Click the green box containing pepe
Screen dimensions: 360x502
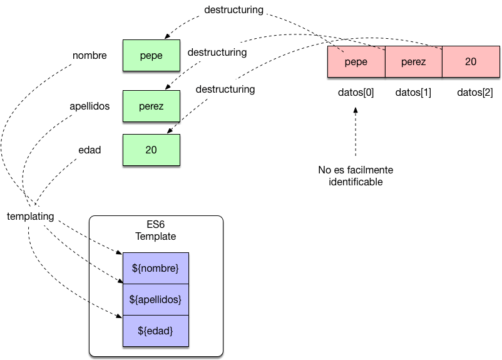[x=151, y=55]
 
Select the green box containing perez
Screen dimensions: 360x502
[x=151, y=106]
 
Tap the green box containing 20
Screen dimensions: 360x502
[x=151, y=150]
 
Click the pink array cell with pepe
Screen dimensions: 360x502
[x=356, y=62]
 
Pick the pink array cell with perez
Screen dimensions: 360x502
[x=413, y=62]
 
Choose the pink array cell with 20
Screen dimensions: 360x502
[x=471, y=62]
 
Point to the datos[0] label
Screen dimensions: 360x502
[x=356, y=93]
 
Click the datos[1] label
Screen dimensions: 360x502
[x=413, y=93]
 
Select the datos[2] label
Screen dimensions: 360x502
[x=474, y=93]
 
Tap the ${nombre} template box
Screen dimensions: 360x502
[x=156, y=268]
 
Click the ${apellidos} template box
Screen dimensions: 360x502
[x=156, y=299]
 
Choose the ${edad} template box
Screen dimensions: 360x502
[x=156, y=331]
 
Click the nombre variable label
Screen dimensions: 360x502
[x=90, y=55]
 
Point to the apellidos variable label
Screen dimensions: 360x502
[x=90, y=106]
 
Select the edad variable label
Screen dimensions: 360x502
[x=90, y=150]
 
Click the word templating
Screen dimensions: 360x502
[x=30, y=216]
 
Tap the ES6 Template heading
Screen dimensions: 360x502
[x=156, y=230]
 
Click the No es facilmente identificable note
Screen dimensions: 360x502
[x=356, y=176]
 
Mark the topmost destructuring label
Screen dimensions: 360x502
[x=233, y=10]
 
